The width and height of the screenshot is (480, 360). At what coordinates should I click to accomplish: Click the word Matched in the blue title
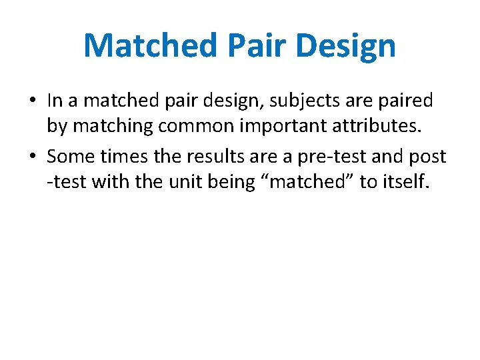(x=150, y=45)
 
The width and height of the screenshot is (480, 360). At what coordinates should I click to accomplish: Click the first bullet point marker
(x=33, y=101)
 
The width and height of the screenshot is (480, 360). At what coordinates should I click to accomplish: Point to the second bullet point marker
(x=33, y=156)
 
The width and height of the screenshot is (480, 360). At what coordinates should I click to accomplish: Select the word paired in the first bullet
(x=407, y=101)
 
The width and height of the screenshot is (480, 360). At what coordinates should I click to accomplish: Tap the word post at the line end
(x=429, y=155)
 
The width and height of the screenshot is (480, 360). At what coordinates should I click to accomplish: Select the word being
(x=224, y=182)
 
